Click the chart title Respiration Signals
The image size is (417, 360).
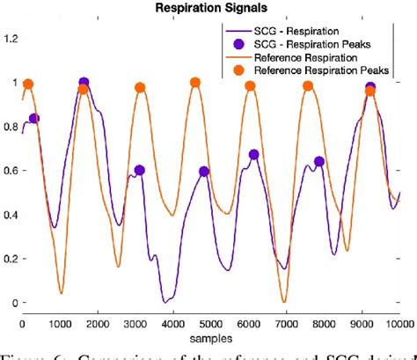(207, 10)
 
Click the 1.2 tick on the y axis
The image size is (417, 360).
(11, 38)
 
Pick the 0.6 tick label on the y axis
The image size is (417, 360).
(11, 171)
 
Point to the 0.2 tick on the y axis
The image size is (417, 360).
(11, 259)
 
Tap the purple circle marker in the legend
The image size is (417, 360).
(238, 43)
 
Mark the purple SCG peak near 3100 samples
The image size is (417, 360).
(139, 171)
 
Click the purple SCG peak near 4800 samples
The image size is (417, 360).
(204, 172)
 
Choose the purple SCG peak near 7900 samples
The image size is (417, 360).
(319, 161)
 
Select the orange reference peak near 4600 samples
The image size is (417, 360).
(194, 83)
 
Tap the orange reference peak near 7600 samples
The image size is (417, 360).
(308, 86)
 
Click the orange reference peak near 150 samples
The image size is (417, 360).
(28, 84)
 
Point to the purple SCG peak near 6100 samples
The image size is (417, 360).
(253, 155)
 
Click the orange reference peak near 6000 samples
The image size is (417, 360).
(250, 86)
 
